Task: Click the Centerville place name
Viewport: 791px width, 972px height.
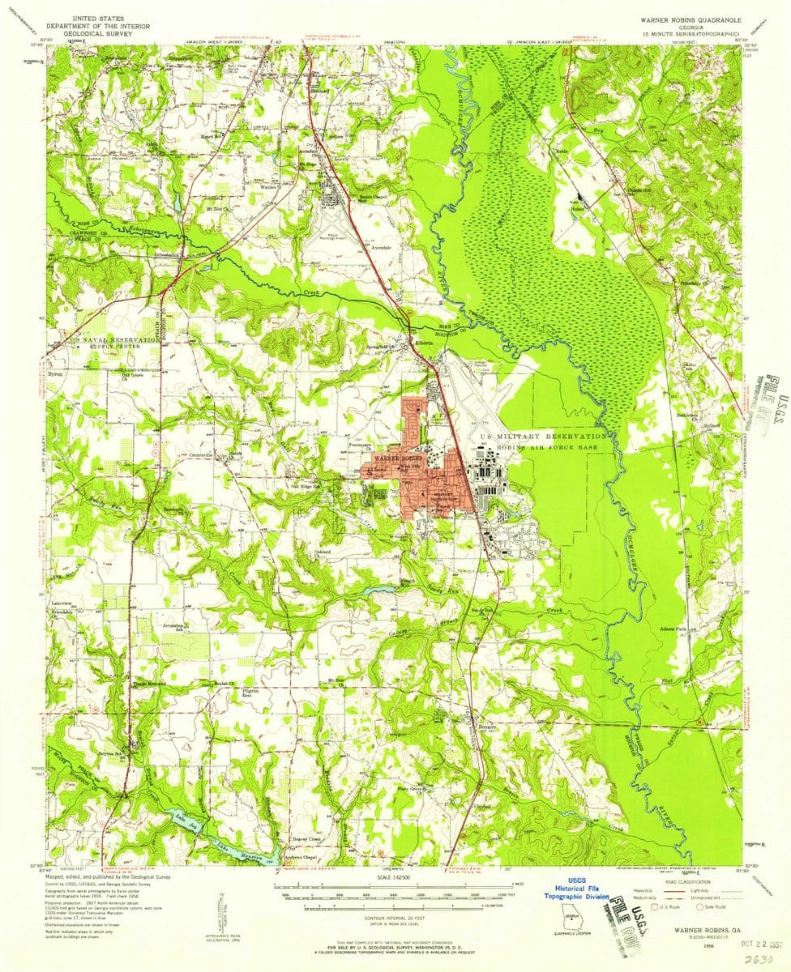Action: pyautogui.click(x=189, y=456)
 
